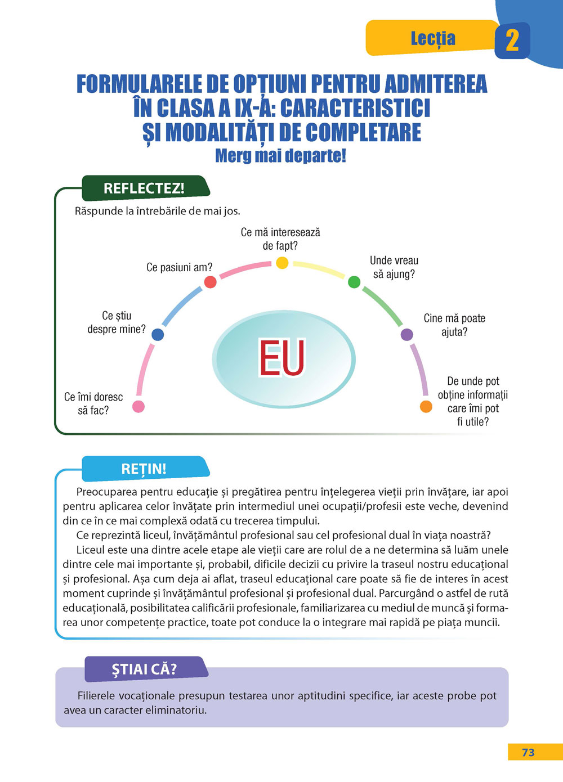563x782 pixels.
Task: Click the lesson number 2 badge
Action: pos(512,41)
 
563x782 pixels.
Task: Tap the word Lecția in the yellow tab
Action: pos(432,38)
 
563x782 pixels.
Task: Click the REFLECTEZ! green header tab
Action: pos(144,188)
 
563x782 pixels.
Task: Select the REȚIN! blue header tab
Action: pos(144,469)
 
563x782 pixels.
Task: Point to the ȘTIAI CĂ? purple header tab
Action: pos(144,669)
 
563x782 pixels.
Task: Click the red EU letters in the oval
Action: pos(282,358)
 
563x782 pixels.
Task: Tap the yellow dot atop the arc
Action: pos(282,263)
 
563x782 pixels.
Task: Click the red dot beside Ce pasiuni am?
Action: pos(210,282)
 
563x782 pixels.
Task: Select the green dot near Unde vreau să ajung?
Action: pos(354,282)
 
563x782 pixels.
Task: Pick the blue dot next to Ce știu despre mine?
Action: pos(158,335)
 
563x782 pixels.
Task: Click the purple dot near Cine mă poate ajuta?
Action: pos(406,335)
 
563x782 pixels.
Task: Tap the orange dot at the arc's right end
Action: pos(426,406)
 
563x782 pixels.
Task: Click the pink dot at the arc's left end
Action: pos(138,406)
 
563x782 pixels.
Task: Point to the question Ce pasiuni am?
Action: pos(179,267)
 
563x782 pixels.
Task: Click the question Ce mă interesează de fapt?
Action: pos(280,239)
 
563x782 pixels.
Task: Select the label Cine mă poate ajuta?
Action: pos(454,325)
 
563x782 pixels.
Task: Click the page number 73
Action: pos(528,753)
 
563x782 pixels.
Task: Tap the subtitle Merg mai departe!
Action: pos(280,155)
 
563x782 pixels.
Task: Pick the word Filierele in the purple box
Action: pos(98,695)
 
